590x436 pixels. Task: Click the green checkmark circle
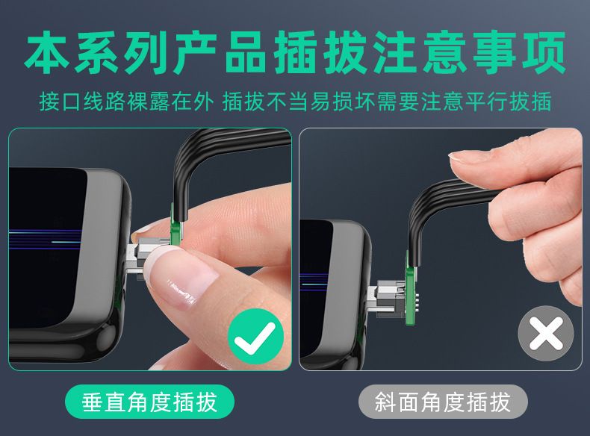coord(255,336)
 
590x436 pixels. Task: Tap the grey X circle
coord(546,333)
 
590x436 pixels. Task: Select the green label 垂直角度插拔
coord(150,402)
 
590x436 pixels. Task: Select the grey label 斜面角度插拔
coord(443,402)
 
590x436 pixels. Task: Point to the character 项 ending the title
coord(544,52)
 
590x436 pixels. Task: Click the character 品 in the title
coord(245,52)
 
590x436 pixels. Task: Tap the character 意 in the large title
coord(445,52)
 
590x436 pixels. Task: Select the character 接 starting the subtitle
coord(50,102)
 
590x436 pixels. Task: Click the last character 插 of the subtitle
coord(541,102)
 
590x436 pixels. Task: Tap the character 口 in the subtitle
coord(72,102)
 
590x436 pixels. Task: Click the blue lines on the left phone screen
coord(45,240)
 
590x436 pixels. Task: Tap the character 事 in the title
coord(495,52)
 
